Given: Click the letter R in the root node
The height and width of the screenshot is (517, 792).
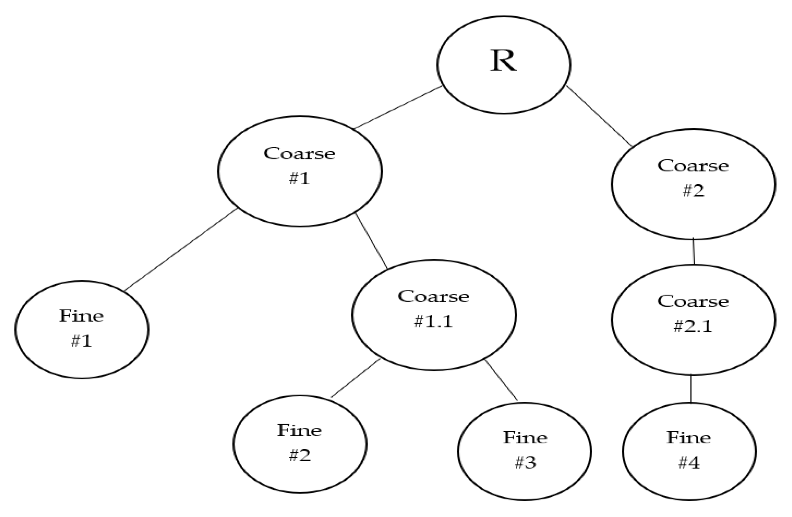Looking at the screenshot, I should [x=503, y=62].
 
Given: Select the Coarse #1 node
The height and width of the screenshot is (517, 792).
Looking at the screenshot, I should [x=300, y=171].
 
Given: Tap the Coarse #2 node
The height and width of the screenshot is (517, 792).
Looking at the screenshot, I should [x=693, y=184].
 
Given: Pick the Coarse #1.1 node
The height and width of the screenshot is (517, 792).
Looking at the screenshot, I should [x=434, y=315].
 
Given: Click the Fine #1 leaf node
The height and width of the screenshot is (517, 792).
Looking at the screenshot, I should [x=82, y=329].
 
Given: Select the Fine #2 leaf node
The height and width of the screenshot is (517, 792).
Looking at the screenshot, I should [x=300, y=444].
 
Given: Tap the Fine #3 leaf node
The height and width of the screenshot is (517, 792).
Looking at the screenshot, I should [x=525, y=451].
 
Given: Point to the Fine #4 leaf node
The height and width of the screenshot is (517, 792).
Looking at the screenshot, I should [x=689, y=451].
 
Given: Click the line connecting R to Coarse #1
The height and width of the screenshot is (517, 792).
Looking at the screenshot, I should [x=397, y=107].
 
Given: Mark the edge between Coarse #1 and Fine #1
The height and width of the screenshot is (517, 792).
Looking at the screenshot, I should [x=181, y=249].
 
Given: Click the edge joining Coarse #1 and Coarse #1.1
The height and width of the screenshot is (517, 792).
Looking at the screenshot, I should [x=371, y=241].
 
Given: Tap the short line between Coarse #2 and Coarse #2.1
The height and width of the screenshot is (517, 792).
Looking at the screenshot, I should [x=693, y=251].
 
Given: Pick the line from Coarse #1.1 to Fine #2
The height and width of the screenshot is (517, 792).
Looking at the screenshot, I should [x=355, y=378].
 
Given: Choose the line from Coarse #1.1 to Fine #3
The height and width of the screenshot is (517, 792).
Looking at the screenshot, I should [x=501, y=380].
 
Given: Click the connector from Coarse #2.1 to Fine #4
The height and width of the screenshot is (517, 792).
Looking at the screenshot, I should [x=691, y=389].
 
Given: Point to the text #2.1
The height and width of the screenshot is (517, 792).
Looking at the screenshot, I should [x=693, y=326].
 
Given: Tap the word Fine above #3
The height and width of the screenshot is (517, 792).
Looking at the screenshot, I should [x=525, y=438].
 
